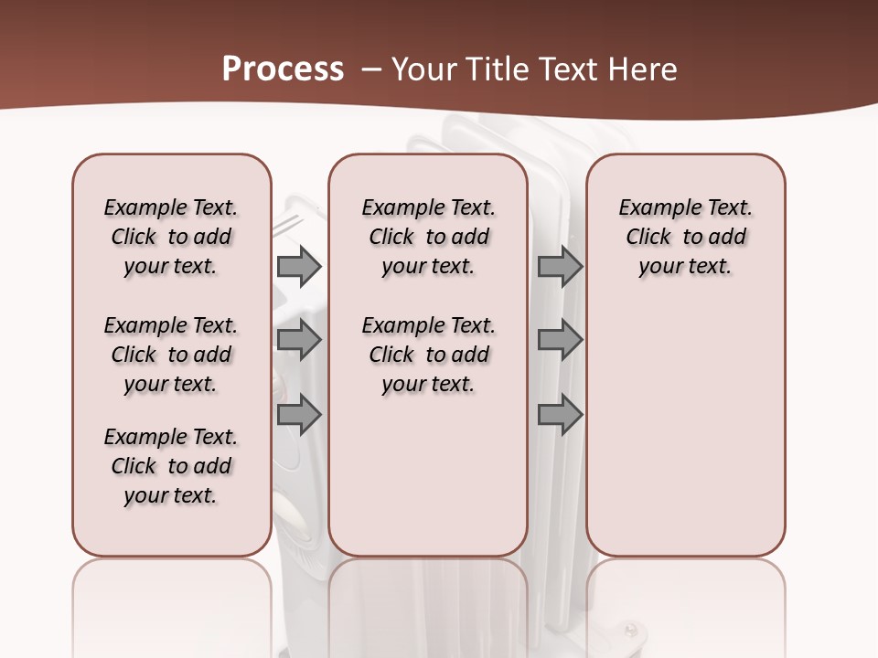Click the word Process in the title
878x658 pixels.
click(x=283, y=69)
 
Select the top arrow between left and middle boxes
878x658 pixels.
click(x=299, y=266)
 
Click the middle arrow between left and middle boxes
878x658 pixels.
click(x=299, y=341)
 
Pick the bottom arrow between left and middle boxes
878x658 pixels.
click(x=299, y=415)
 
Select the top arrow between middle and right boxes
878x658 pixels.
click(x=560, y=266)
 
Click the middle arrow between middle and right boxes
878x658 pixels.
click(x=560, y=341)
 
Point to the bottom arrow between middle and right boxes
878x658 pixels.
click(x=560, y=415)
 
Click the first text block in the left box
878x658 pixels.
click(x=171, y=237)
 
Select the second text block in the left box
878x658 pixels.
click(x=171, y=355)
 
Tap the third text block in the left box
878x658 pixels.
click(x=171, y=466)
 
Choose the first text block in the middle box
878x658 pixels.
click(x=428, y=237)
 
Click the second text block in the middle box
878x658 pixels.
click(x=428, y=355)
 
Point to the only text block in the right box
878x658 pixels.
click(x=685, y=237)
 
